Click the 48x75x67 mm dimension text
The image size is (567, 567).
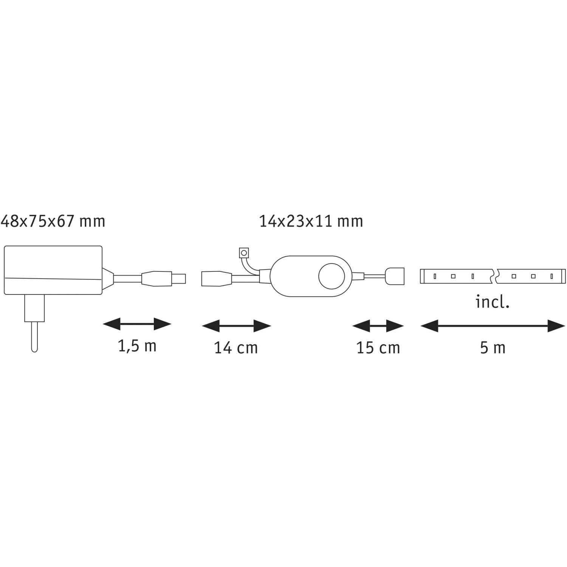click(x=53, y=221)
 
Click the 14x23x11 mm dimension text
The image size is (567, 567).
click(x=311, y=221)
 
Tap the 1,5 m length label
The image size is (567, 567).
click(x=137, y=346)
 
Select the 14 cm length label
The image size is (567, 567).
click(x=236, y=348)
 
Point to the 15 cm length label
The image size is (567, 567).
click(x=378, y=348)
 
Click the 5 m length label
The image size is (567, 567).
click(x=493, y=348)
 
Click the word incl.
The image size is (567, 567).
click(x=493, y=302)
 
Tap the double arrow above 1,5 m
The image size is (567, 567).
click(x=137, y=324)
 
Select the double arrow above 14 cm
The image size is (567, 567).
click(x=237, y=326)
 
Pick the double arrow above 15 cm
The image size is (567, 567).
click(x=378, y=326)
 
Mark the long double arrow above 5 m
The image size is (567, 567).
click(x=493, y=326)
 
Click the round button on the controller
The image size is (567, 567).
click(x=331, y=276)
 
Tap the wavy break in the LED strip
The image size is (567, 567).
click(x=495, y=276)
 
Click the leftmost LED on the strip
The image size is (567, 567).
click(x=435, y=276)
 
